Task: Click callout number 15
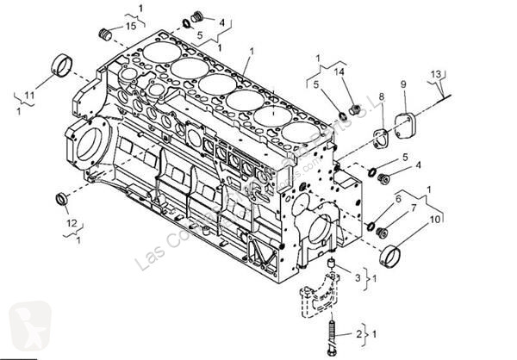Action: click(x=131, y=27)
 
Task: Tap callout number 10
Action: click(x=433, y=220)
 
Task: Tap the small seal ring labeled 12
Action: click(x=62, y=200)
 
